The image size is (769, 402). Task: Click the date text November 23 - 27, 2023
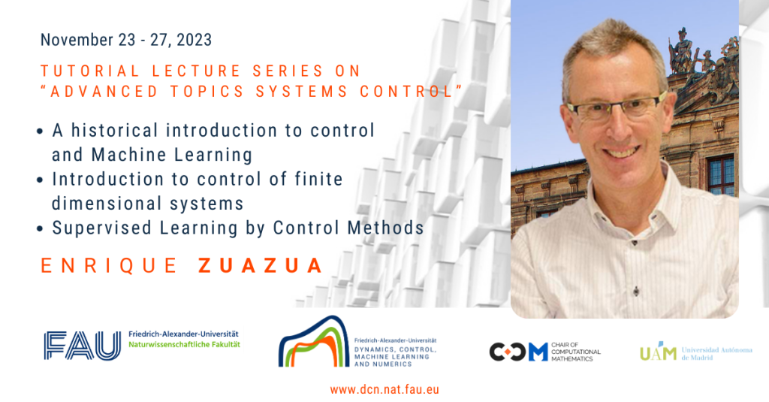126,39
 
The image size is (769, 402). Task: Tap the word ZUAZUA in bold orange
261,265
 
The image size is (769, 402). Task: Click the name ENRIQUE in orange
108,265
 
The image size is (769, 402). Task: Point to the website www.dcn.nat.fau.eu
384,389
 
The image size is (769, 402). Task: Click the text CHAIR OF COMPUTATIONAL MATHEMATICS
577,350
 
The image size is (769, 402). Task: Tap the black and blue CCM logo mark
518,351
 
